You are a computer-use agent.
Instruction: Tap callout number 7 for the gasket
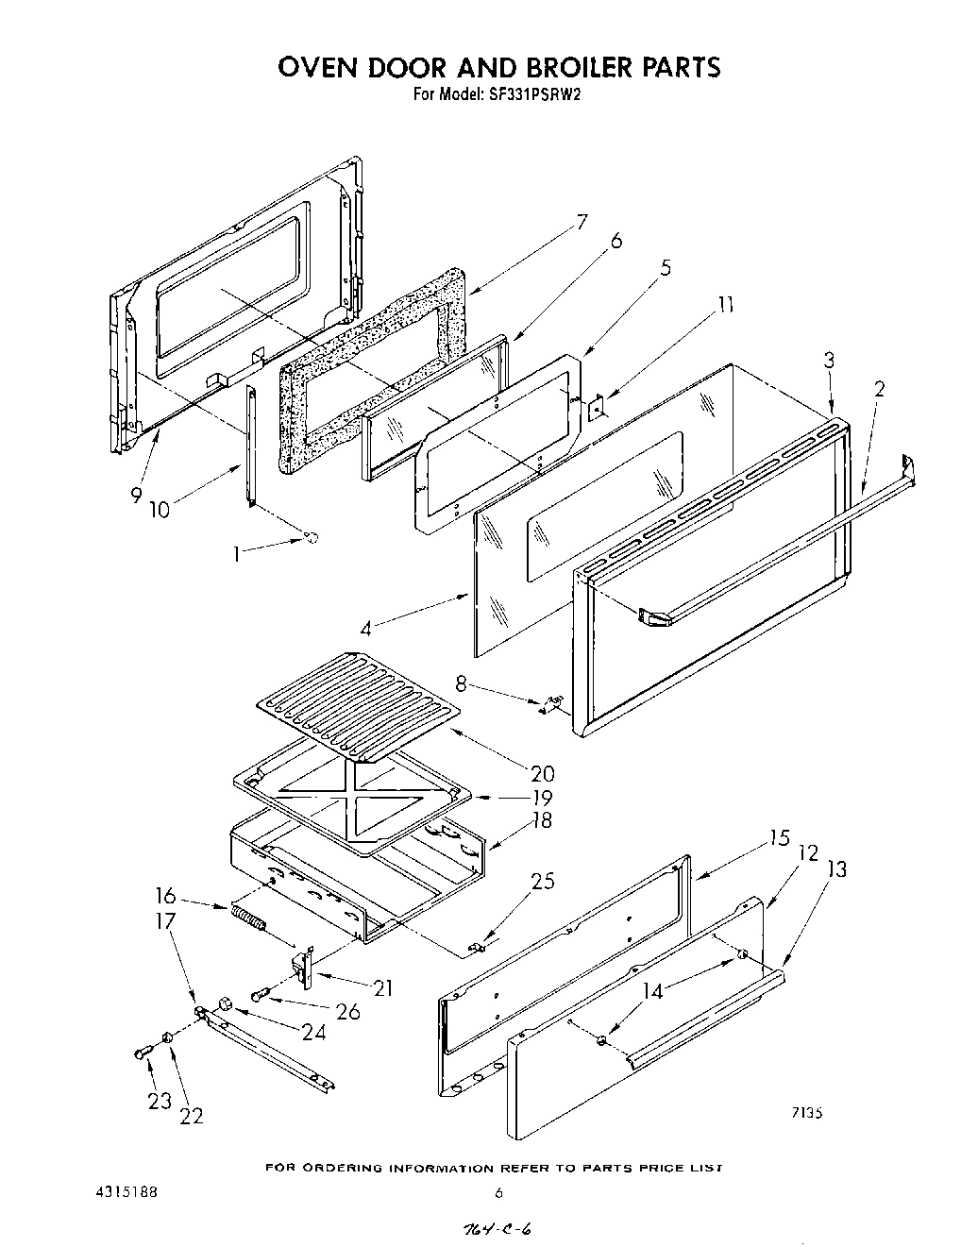(x=582, y=223)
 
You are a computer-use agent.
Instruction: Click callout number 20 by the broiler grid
(x=542, y=773)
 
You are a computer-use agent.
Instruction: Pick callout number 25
(x=542, y=882)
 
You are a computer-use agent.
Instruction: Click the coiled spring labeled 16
(x=247, y=917)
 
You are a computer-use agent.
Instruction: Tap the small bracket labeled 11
(x=597, y=408)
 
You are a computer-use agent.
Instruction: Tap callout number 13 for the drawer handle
(x=836, y=870)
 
